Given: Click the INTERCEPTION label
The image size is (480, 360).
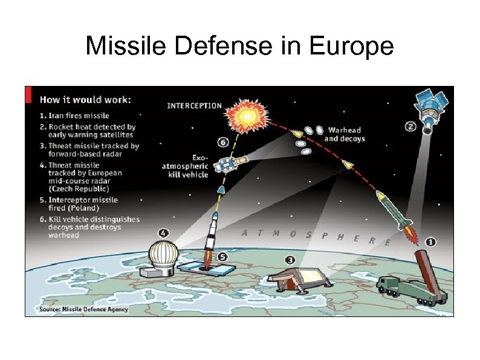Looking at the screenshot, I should click(x=194, y=105).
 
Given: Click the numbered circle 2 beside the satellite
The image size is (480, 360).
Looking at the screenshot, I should click(x=410, y=126).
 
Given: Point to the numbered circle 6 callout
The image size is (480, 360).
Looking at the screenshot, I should click(x=222, y=143).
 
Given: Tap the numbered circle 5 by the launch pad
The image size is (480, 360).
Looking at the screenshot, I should click(x=222, y=257).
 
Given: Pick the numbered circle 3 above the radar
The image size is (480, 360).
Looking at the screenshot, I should click(x=290, y=260).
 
